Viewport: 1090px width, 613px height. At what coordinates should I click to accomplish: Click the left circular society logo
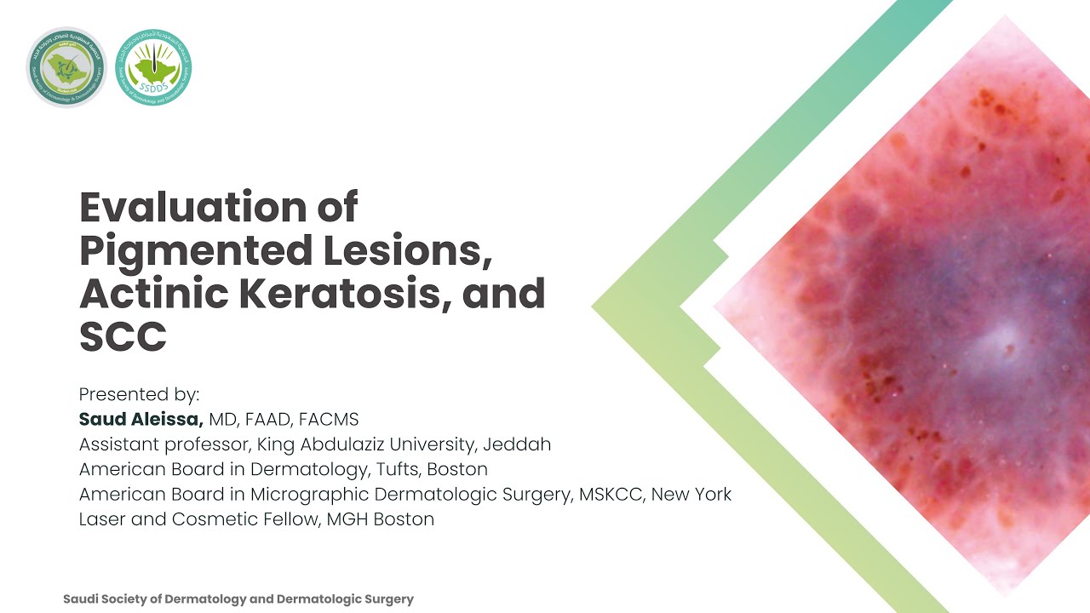(66, 67)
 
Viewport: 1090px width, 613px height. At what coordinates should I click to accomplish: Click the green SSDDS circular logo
(153, 67)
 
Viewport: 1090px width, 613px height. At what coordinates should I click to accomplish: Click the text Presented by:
(139, 395)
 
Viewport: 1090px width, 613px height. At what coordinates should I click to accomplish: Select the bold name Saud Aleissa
(141, 420)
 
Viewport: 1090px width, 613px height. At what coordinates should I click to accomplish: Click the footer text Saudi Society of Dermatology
(161, 599)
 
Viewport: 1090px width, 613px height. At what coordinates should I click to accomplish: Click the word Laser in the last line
(101, 518)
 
